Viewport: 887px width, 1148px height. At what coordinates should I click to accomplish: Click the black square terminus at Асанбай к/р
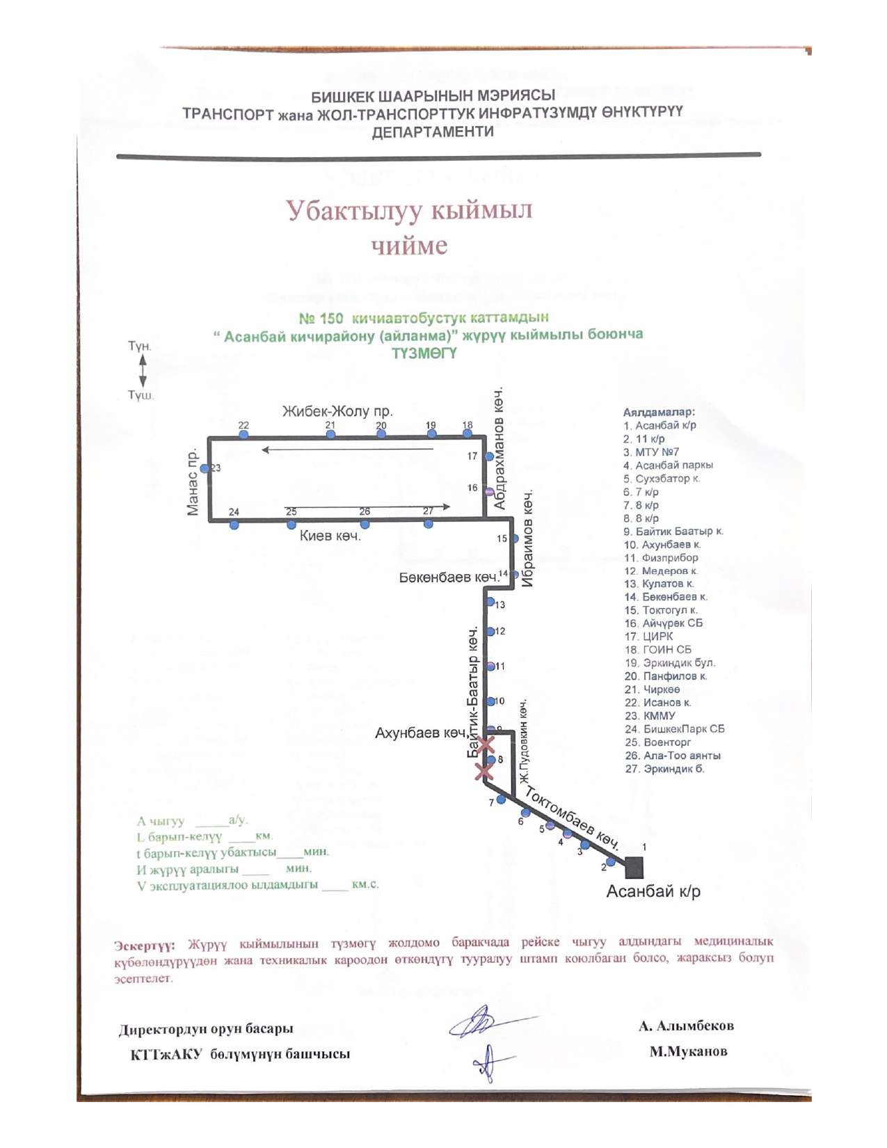pyautogui.click(x=634, y=868)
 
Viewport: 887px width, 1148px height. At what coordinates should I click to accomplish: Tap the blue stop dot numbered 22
pyautogui.click(x=243, y=435)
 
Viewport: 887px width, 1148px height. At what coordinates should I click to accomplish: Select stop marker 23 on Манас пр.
pyautogui.click(x=205, y=469)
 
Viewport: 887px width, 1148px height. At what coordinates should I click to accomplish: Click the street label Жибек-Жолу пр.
pyautogui.click(x=337, y=411)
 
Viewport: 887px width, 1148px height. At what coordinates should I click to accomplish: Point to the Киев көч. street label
pyautogui.click(x=330, y=536)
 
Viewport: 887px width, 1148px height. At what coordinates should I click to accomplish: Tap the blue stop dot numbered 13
pyautogui.click(x=490, y=603)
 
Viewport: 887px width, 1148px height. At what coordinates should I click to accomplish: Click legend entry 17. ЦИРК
pyautogui.click(x=648, y=637)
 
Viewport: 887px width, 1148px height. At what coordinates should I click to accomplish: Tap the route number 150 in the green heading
pyautogui.click(x=330, y=319)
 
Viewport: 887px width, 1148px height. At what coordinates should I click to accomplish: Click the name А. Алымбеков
pyautogui.click(x=686, y=1026)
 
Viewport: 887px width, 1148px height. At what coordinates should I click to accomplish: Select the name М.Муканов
pyautogui.click(x=688, y=1051)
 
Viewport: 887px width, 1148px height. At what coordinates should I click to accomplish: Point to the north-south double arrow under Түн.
pyautogui.click(x=143, y=370)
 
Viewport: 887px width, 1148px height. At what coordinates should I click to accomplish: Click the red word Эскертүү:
pyautogui.click(x=145, y=946)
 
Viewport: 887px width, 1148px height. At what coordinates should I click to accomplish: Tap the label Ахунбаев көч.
pyautogui.click(x=420, y=733)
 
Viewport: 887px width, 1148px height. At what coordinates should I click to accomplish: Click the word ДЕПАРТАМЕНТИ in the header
pyautogui.click(x=433, y=132)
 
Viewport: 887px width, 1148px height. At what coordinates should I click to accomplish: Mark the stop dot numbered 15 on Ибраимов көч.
pyautogui.click(x=515, y=539)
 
